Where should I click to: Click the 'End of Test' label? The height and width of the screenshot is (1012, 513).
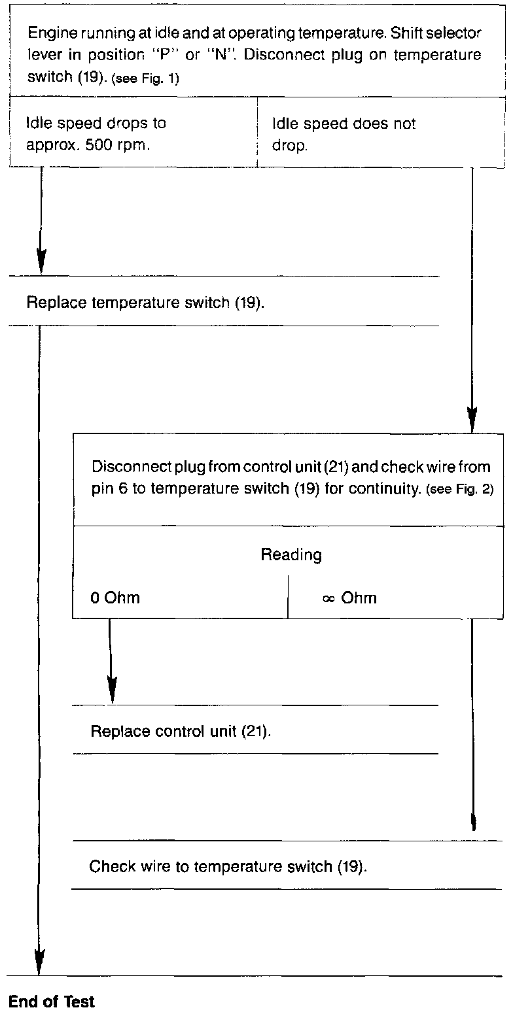pyautogui.click(x=52, y=1001)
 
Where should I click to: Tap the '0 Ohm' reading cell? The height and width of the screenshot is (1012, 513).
pyautogui.click(x=115, y=598)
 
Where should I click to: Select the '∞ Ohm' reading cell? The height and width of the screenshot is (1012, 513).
pyautogui.click(x=349, y=598)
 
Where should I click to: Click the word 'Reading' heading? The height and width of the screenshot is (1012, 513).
pyautogui.click(x=291, y=555)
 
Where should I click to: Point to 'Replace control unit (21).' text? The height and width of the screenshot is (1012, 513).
pyautogui.click(x=181, y=730)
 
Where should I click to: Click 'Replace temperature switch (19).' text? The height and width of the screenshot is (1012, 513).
pyautogui.click(x=145, y=303)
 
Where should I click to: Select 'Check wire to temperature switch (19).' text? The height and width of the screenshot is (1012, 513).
pyautogui.click(x=228, y=867)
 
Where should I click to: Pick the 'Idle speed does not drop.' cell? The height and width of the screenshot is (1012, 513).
pyautogui.click(x=344, y=135)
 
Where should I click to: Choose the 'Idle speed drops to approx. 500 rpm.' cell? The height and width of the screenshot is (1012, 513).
pyautogui.click(x=96, y=135)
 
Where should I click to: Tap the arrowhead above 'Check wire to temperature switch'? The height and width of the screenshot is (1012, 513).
pyautogui.click(x=472, y=822)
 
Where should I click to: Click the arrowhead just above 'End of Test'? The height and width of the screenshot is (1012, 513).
pyautogui.click(x=40, y=964)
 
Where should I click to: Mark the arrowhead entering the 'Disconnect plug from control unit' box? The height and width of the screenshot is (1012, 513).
pyautogui.click(x=472, y=418)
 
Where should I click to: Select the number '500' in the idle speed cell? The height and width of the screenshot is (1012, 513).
pyautogui.click(x=96, y=145)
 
